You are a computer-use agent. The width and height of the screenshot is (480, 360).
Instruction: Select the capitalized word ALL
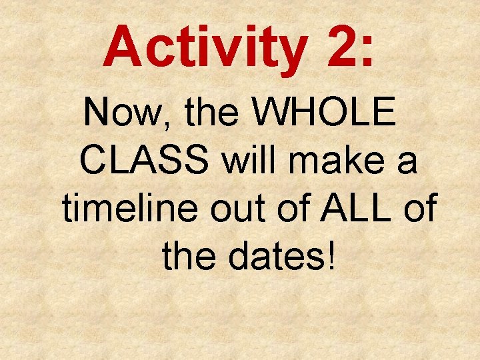click(x=357, y=209)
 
